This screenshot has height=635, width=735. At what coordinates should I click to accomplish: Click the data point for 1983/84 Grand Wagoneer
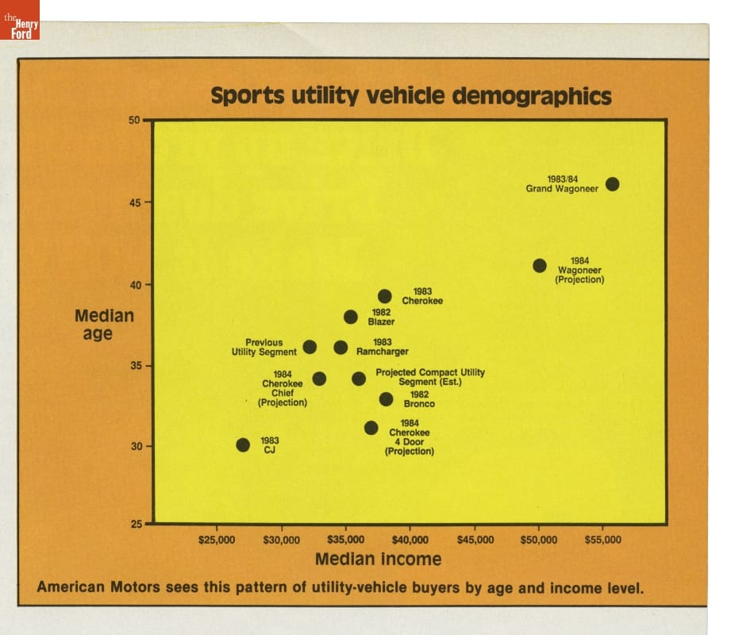pyautogui.click(x=612, y=184)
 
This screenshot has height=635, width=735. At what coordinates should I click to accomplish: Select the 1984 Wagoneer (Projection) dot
pyautogui.click(x=540, y=265)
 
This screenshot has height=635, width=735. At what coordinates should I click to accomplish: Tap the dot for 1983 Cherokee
pyautogui.click(x=385, y=296)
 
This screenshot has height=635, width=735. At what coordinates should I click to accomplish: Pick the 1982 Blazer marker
pyautogui.click(x=351, y=317)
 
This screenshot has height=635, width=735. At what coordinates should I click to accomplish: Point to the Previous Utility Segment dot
pyautogui.click(x=310, y=347)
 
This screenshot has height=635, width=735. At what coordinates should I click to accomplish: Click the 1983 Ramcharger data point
pyautogui.click(x=341, y=347)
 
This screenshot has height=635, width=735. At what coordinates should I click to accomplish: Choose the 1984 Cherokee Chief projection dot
pyautogui.click(x=319, y=379)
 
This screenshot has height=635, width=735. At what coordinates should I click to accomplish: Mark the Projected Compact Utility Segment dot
pyautogui.click(x=359, y=379)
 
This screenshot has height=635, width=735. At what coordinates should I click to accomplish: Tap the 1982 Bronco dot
pyautogui.click(x=386, y=398)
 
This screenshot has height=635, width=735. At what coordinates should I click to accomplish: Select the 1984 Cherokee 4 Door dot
pyautogui.click(x=371, y=428)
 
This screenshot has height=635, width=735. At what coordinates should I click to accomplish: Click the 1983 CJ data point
pyautogui.click(x=243, y=444)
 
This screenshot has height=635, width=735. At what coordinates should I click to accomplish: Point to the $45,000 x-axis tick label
pyautogui.click(x=475, y=540)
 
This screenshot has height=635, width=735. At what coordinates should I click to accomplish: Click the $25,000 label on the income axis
pyautogui.click(x=216, y=540)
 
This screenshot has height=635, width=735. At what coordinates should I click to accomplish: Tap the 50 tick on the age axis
pyautogui.click(x=134, y=121)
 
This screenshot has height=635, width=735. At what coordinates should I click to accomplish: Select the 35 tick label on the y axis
pyautogui.click(x=134, y=366)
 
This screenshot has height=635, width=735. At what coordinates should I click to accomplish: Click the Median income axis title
pyautogui.click(x=378, y=559)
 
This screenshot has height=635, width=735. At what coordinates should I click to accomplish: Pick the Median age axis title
pyautogui.click(x=104, y=325)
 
